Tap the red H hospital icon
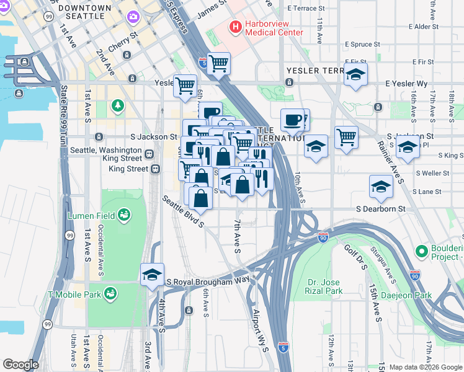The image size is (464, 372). [236, 27]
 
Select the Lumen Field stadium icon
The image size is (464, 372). [124, 215]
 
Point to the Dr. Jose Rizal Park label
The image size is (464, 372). [325, 286]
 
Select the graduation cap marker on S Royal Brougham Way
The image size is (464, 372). [152, 275]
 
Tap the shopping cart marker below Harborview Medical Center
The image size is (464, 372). [218, 63]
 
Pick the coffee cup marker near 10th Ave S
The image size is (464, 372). [292, 119]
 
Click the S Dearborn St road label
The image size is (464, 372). [380, 210]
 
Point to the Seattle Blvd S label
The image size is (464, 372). [184, 211]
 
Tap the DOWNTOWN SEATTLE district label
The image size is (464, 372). [84, 12]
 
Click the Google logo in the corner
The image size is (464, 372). [20, 365]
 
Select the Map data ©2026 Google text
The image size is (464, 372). [425, 367]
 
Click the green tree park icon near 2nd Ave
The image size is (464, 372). [118, 106]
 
